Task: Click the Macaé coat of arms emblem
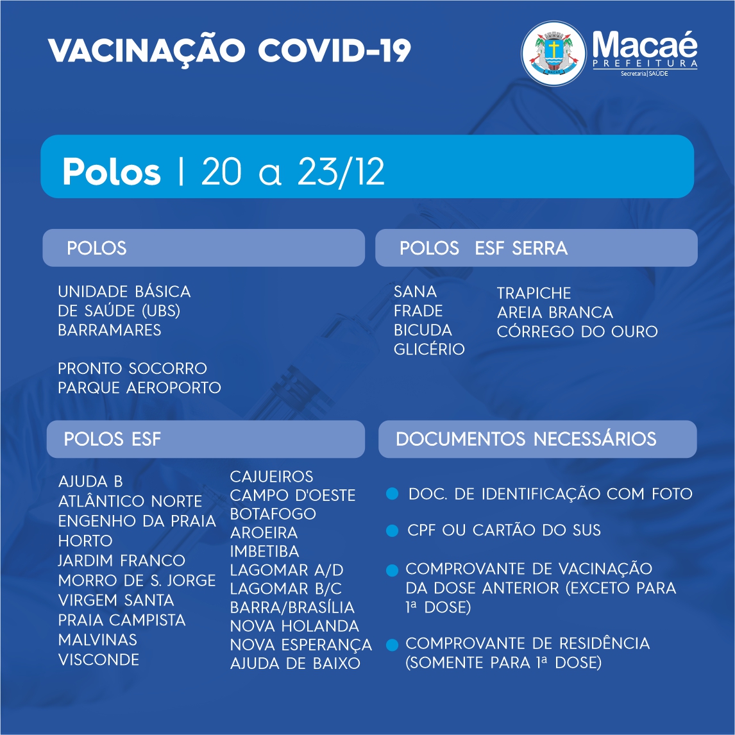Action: click(x=553, y=53)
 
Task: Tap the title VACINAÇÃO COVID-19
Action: click(x=229, y=51)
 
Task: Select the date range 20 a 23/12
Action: click(x=293, y=171)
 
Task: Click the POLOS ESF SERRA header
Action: click(x=484, y=248)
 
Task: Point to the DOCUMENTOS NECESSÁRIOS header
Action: click(x=526, y=439)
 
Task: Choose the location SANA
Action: click(x=415, y=292)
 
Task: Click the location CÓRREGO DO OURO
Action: click(x=577, y=332)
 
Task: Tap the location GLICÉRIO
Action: click(x=429, y=349)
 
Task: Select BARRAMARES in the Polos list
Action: click(x=109, y=330)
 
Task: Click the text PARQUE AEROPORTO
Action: click(x=139, y=387)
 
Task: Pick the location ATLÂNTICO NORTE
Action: click(x=130, y=501)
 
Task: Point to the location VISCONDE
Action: click(x=98, y=660)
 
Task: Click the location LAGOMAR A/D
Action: click(x=287, y=570)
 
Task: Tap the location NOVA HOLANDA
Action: click(x=294, y=626)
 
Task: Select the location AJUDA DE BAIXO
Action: click(x=295, y=664)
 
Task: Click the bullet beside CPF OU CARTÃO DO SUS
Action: click(x=392, y=530)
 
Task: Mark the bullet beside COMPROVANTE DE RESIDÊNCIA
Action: click(x=392, y=645)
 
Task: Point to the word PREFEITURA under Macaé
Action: click(x=645, y=63)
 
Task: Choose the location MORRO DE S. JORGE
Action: click(x=137, y=580)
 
